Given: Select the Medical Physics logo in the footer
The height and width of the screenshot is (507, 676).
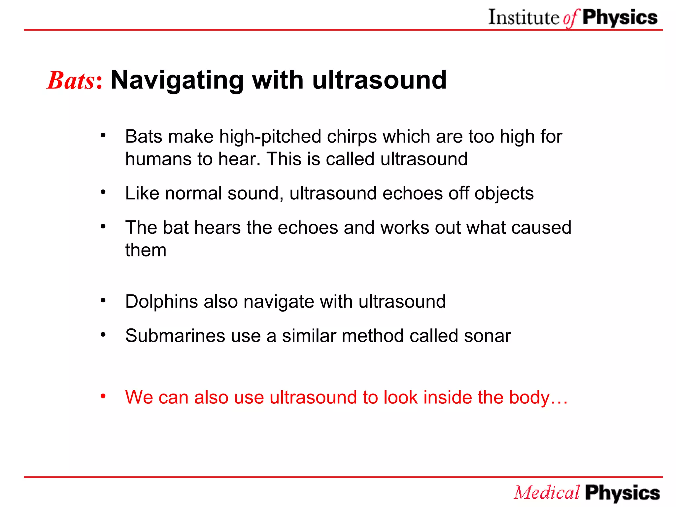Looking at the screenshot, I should point(587,492).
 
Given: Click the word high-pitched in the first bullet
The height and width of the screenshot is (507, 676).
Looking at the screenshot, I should point(270,136).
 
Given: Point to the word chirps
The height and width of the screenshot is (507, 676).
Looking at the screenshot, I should point(352,136).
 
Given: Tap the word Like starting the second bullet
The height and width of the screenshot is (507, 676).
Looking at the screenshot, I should point(142,193).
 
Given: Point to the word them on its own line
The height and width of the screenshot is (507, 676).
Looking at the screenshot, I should point(146,250).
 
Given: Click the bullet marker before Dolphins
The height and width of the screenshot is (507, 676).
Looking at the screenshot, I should point(103,300).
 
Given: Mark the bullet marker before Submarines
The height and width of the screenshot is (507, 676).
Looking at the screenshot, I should point(103,334).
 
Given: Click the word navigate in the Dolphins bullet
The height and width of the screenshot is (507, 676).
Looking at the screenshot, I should point(279,302).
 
